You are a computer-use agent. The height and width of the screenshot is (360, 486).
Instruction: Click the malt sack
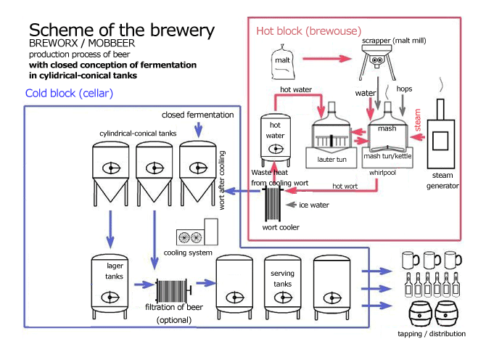point(284,60)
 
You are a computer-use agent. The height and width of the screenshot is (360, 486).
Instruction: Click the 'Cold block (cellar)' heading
point(69,94)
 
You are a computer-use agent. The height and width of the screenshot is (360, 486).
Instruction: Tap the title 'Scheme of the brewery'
point(121,30)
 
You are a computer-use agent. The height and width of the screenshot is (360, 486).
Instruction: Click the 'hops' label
point(405,89)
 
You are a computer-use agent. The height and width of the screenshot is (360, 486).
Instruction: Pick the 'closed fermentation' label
point(198,115)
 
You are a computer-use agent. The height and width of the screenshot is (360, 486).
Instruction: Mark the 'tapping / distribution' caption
point(432,334)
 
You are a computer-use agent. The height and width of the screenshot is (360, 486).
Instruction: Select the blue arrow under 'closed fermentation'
point(198,128)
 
